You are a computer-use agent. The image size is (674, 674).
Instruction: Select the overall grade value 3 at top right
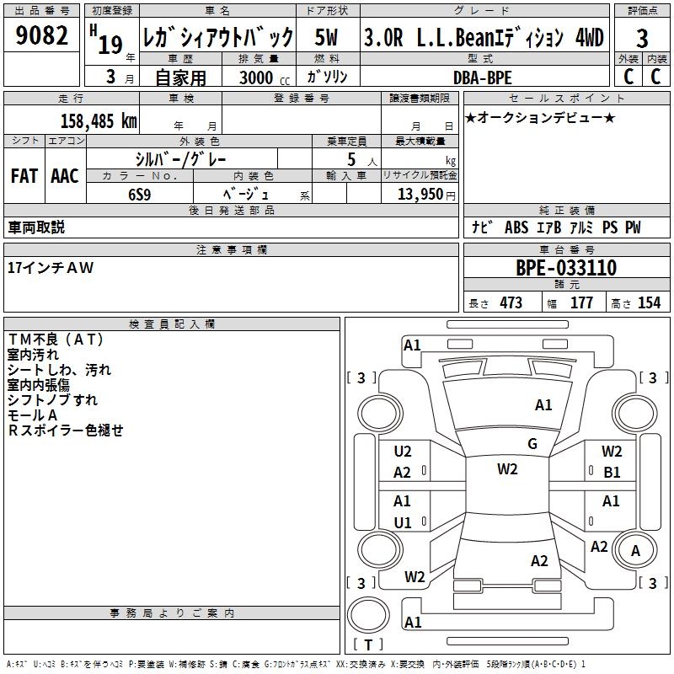click(x=642, y=39)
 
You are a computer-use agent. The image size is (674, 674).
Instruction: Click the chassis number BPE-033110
click(x=566, y=269)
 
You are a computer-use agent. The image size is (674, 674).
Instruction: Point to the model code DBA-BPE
click(x=482, y=78)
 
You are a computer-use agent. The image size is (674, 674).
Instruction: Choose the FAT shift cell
click(x=24, y=176)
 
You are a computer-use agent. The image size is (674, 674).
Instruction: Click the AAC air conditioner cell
click(x=65, y=176)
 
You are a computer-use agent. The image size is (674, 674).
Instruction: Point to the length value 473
click(x=511, y=303)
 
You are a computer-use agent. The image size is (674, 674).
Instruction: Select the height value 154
click(x=649, y=303)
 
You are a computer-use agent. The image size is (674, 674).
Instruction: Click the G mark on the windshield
click(x=532, y=444)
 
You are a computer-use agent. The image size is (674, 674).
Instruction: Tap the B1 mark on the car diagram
click(x=612, y=473)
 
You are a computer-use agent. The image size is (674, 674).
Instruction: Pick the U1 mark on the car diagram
click(x=403, y=522)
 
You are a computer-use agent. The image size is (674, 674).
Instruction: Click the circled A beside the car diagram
click(x=635, y=551)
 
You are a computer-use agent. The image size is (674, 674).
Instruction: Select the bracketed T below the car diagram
click(x=367, y=645)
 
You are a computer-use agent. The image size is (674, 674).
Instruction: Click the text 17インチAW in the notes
click(x=51, y=268)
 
